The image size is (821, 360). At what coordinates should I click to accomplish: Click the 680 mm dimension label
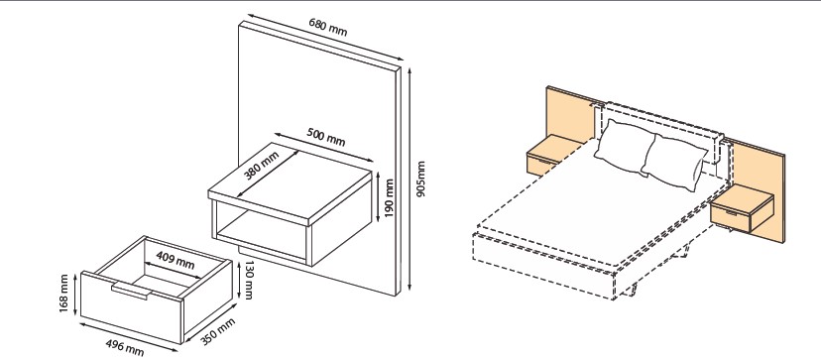[328, 27]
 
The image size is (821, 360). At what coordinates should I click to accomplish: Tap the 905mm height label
[421, 179]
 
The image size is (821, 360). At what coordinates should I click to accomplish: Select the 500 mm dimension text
[325, 136]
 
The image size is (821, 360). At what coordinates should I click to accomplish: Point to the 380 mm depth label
[261, 165]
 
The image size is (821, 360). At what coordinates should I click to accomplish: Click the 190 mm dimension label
[389, 199]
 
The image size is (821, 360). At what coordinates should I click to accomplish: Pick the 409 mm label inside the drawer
[176, 261]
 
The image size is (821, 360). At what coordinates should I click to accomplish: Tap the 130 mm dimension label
[249, 281]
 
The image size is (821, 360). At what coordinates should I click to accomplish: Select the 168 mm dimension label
[63, 294]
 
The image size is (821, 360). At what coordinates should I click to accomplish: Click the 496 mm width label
[125, 347]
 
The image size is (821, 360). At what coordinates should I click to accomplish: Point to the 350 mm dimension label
[218, 331]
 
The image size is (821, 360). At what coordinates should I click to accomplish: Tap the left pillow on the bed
[624, 147]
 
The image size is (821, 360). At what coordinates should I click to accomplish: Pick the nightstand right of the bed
[742, 208]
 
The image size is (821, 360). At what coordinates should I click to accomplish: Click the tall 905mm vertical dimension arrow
[410, 179]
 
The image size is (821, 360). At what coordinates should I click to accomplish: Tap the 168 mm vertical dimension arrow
[75, 294]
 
